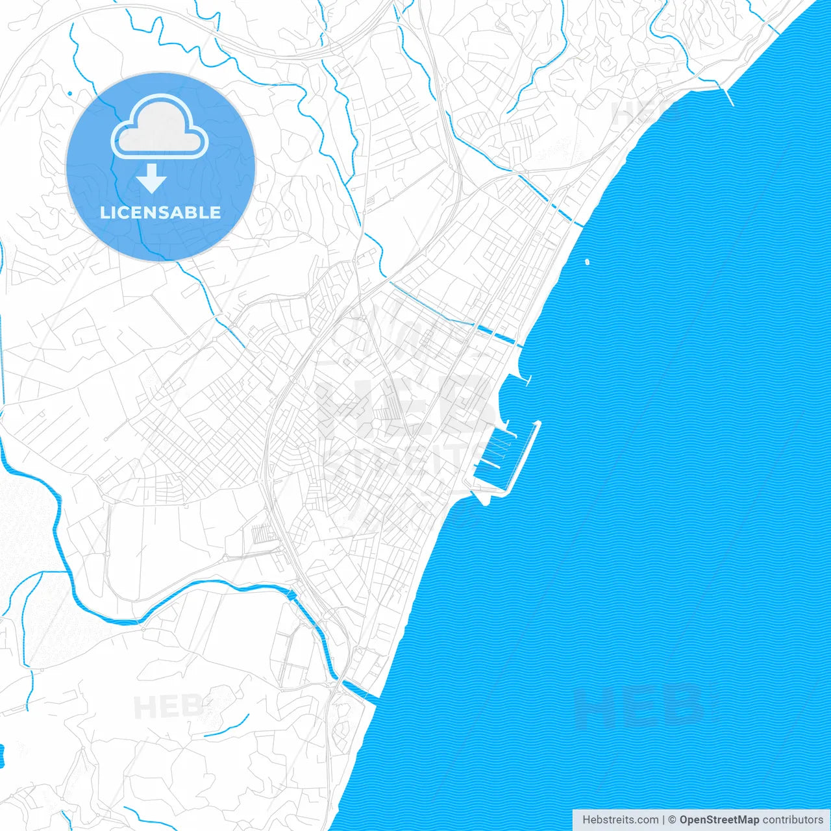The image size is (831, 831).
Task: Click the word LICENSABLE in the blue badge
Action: (160, 213)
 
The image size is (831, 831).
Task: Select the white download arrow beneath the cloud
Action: (152, 179)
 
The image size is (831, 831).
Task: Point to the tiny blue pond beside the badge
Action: (69, 93)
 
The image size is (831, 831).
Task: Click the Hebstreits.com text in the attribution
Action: (620, 820)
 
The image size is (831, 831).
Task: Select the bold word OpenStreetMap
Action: (719, 820)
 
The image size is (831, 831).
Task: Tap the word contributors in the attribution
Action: (792, 820)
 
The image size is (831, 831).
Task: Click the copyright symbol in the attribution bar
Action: (672, 820)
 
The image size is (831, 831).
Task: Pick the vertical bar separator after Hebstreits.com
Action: (664, 820)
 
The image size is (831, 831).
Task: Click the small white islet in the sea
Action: (587, 262)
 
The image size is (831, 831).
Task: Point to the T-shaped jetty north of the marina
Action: (528, 380)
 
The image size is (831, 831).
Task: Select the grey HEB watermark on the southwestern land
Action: (166, 707)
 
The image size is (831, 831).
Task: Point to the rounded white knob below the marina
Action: (482, 499)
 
